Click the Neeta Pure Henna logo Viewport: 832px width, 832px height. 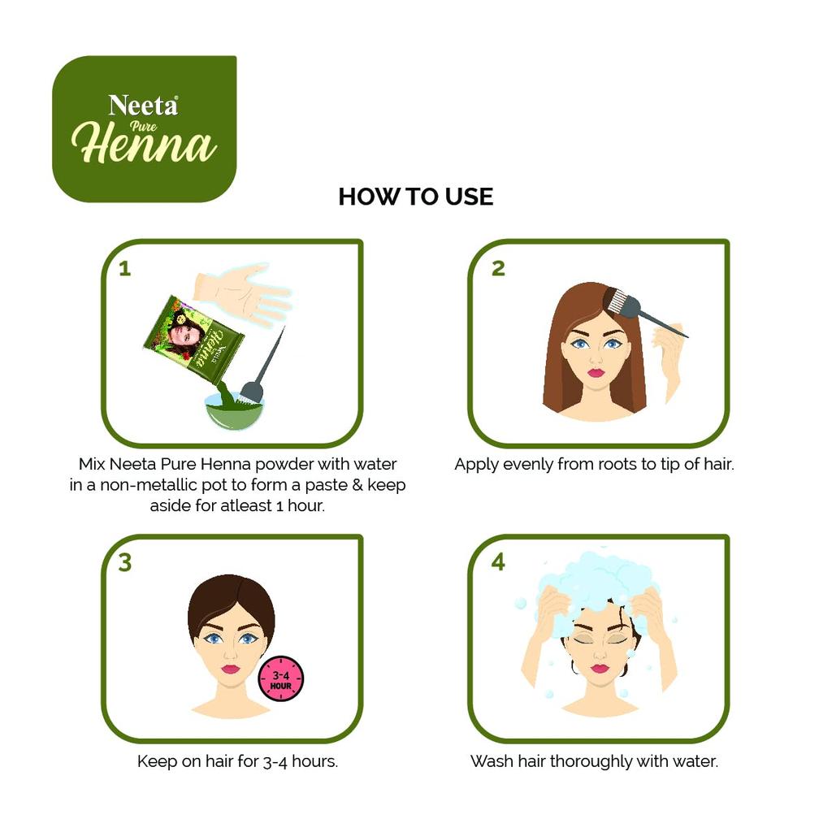click(145, 128)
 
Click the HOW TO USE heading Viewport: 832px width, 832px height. click(415, 197)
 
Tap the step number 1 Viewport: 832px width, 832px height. click(124, 268)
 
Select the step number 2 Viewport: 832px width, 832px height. click(498, 268)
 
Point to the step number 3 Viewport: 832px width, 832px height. click(124, 563)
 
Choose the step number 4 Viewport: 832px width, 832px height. click(498, 562)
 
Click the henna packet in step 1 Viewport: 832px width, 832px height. click(193, 338)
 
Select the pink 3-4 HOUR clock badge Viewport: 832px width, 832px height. click(280, 679)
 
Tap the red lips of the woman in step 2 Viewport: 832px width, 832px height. click(596, 373)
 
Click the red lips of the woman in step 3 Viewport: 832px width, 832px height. click(231, 669)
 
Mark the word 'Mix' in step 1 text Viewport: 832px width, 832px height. click(93, 465)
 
